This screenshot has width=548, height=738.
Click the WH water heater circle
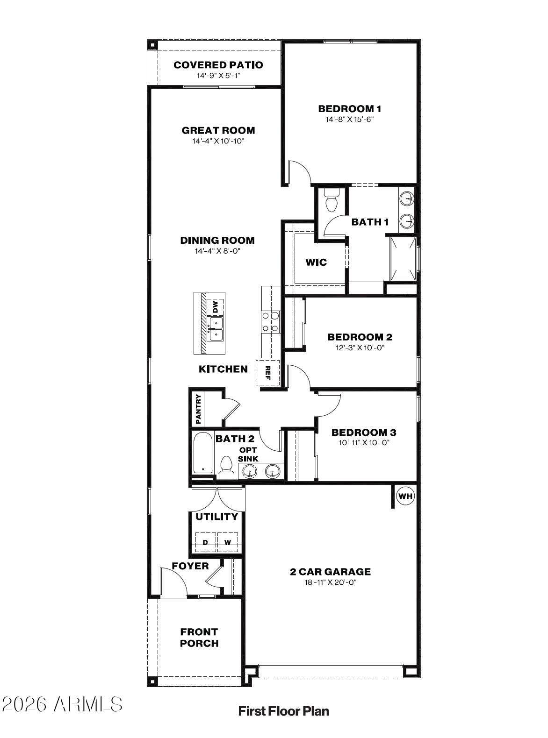(x=405, y=497)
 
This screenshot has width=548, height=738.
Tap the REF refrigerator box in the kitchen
(x=268, y=373)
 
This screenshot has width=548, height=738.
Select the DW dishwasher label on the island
(x=215, y=307)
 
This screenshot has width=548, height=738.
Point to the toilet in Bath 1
(x=332, y=201)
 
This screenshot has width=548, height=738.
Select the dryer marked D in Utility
(x=206, y=542)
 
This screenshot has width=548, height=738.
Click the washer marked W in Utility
(x=228, y=542)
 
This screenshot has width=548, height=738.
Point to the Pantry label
(x=199, y=409)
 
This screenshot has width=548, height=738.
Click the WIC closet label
(x=316, y=262)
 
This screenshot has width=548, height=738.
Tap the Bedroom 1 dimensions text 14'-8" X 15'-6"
(x=349, y=119)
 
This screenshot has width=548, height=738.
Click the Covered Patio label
(x=218, y=65)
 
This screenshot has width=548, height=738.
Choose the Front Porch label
(x=199, y=638)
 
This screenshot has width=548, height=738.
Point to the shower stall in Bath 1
(x=403, y=258)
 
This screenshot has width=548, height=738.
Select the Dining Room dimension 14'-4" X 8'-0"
(x=217, y=251)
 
